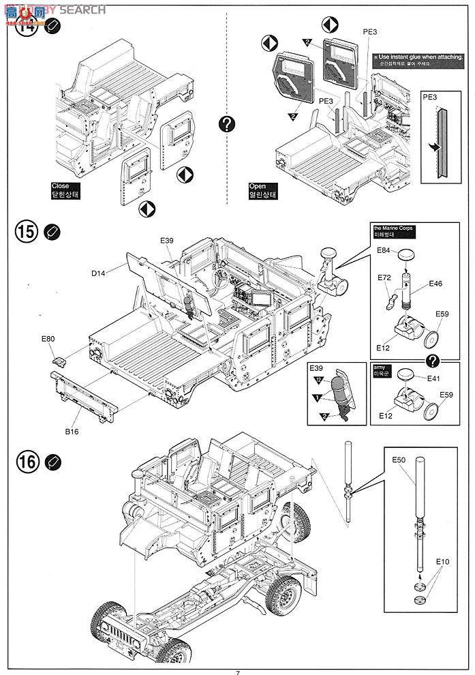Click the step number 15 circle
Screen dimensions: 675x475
coord(25,232)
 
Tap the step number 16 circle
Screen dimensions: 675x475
coord(25,462)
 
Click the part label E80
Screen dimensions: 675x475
coord(48,338)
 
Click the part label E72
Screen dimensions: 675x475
coord(384,280)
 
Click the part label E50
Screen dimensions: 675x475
coord(399,461)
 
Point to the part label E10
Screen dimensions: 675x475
coord(443,561)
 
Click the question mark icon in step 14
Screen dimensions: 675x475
coord(228,124)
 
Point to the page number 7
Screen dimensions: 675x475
coord(237,671)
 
